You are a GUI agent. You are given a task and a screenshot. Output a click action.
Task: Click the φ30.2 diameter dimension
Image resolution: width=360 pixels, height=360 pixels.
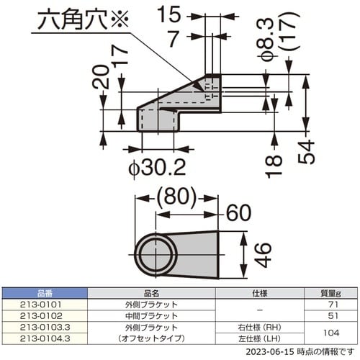point(157,168)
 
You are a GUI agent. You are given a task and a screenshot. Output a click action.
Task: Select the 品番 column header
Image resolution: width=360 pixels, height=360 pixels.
point(45,293)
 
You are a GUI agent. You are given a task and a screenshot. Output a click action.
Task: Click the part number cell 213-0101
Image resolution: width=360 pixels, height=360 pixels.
point(45,304)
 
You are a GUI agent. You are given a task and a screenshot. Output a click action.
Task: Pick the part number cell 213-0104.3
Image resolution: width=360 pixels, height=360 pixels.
point(45,337)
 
